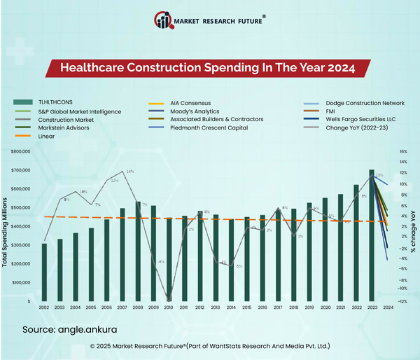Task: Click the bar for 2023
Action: click(372, 235)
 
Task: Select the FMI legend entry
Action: click(332, 111)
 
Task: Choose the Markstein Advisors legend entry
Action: click(58, 128)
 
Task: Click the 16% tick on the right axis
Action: click(402, 151)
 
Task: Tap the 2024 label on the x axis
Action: click(387, 308)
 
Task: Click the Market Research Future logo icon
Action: click(165, 20)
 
